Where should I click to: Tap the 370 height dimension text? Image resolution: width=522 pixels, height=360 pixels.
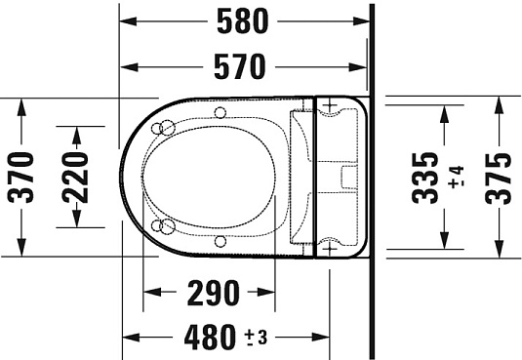[x=20, y=177]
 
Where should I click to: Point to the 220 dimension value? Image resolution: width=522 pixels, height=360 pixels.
[x=74, y=177]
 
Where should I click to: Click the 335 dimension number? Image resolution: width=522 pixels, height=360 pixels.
[x=424, y=177]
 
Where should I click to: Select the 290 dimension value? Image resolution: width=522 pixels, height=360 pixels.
[x=209, y=292]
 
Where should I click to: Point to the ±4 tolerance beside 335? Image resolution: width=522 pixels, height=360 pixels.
[x=455, y=178]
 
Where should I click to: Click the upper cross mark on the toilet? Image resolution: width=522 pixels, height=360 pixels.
[x=329, y=107]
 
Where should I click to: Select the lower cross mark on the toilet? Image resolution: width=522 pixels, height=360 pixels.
[x=329, y=249]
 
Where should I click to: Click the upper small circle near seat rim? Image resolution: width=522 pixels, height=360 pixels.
[x=221, y=114]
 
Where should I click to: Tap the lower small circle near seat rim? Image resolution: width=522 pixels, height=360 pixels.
[x=221, y=240]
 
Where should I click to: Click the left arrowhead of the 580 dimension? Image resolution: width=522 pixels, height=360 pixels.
[x=125, y=20]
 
